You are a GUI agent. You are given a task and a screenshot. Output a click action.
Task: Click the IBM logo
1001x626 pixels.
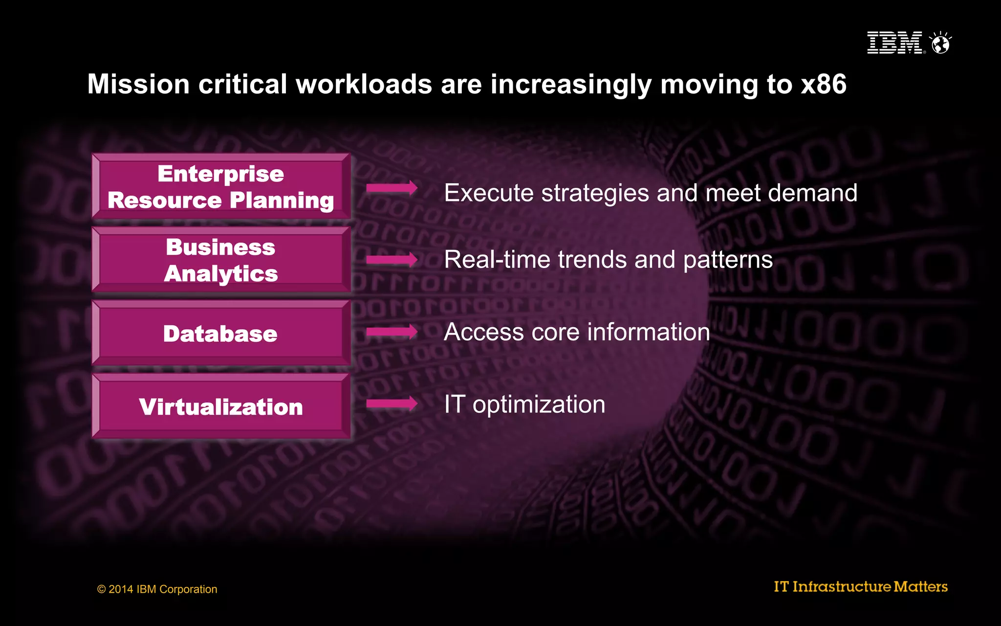pyautogui.click(x=894, y=43)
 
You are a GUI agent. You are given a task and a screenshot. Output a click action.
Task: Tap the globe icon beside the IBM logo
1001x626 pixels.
pyautogui.click(x=940, y=43)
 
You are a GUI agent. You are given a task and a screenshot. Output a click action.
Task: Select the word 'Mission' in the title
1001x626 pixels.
pyautogui.click(x=138, y=84)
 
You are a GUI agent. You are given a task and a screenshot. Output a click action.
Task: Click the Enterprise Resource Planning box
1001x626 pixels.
pyautogui.click(x=221, y=187)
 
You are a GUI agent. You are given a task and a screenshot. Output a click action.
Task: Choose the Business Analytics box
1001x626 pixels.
pyautogui.click(x=221, y=260)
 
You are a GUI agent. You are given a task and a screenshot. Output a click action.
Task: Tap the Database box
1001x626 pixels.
pyautogui.click(x=221, y=333)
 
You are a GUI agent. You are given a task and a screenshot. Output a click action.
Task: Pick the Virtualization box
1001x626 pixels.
pyautogui.click(x=221, y=406)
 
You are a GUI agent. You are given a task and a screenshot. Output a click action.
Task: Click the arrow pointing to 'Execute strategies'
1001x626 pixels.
pyautogui.click(x=392, y=188)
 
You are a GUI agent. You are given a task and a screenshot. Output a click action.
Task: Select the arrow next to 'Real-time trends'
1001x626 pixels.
pyautogui.click(x=392, y=259)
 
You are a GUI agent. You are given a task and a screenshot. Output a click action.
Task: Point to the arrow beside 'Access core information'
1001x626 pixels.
pyautogui.click(x=392, y=332)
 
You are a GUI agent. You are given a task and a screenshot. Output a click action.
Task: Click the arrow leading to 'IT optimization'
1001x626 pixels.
pyautogui.click(x=392, y=404)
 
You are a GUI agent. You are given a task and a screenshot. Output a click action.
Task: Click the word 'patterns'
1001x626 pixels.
pyautogui.click(x=728, y=260)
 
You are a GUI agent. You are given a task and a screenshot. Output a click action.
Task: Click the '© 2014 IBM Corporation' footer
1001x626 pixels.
pyautogui.click(x=157, y=589)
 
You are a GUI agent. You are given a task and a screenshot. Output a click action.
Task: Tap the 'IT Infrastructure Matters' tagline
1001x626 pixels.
pyautogui.click(x=860, y=586)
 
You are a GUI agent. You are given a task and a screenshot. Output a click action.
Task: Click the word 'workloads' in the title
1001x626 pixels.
pyautogui.click(x=364, y=84)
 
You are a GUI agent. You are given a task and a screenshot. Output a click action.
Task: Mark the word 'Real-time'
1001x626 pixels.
pyautogui.click(x=497, y=260)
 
